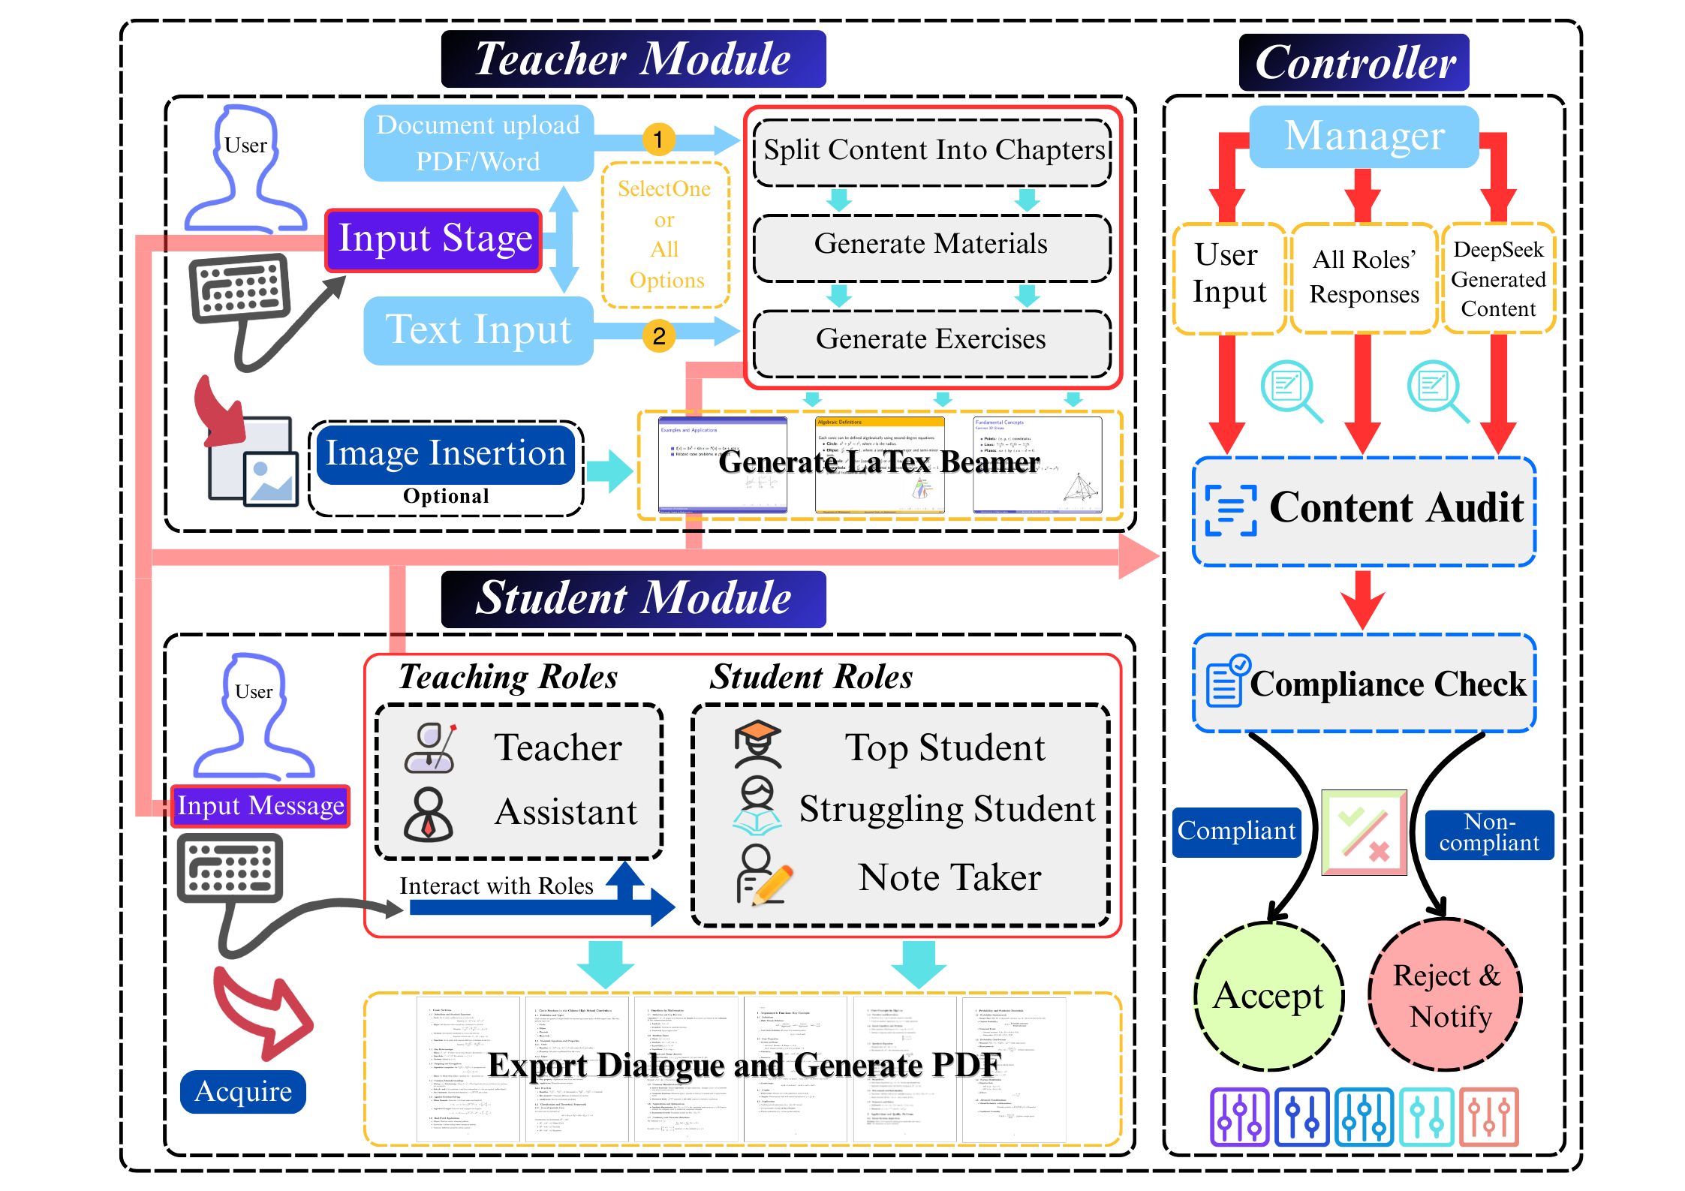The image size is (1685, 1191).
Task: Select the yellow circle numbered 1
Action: coord(658,139)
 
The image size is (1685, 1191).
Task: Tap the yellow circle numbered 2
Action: coord(658,335)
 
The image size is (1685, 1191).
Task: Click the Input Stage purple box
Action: coord(434,239)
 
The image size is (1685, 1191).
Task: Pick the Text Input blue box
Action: coord(478,330)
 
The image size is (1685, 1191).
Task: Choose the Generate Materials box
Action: coord(931,245)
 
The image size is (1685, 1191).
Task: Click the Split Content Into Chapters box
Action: coord(932,151)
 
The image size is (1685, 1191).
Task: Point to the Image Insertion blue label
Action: coord(445,454)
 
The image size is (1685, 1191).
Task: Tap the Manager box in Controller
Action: coord(1364,137)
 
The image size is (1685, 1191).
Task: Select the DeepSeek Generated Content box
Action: coord(1498,278)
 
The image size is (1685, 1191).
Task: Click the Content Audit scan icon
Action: coord(1230,510)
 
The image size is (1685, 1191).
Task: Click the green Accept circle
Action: coord(1268,996)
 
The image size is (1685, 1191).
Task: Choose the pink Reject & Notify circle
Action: coord(1446,995)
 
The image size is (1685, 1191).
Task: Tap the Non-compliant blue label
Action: coord(1489,833)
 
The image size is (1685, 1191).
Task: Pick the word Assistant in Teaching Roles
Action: coord(566,812)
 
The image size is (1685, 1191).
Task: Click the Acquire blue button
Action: coord(243,1091)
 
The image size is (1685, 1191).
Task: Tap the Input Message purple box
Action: coord(260,806)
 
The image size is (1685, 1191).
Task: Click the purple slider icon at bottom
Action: coord(1239,1117)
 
